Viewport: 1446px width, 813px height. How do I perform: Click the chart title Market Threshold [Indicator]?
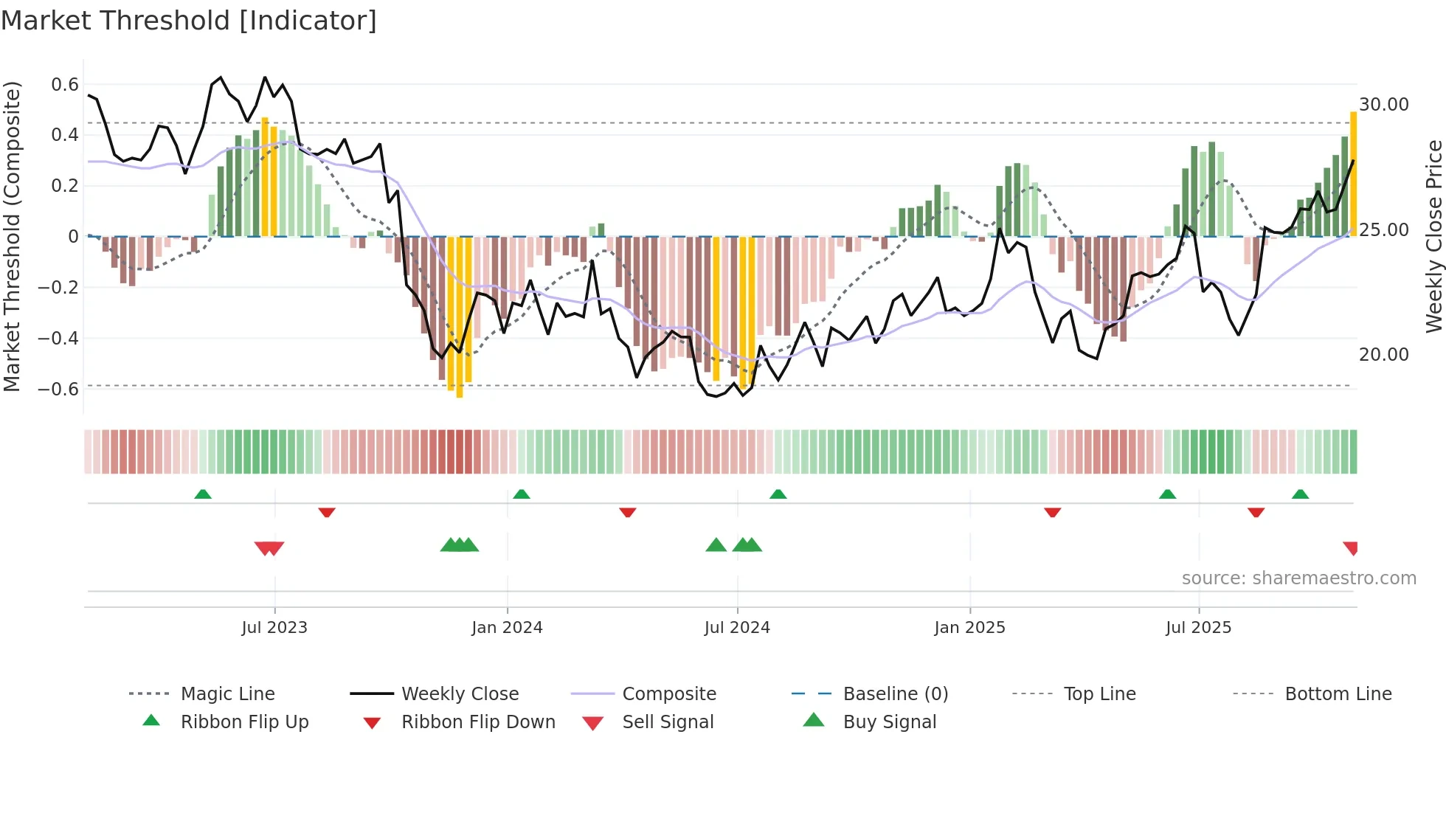pyautogui.click(x=189, y=21)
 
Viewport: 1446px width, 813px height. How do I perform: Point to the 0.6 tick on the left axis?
pyautogui.click(x=65, y=85)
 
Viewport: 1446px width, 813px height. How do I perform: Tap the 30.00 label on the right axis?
pyautogui.click(x=1384, y=105)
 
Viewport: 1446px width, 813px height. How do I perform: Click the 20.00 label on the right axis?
pyautogui.click(x=1384, y=355)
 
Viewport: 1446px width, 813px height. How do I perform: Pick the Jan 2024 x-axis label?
pyautogui.click(x=507, y=628)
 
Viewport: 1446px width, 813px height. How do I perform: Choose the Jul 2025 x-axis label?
pyautogui.click(x=1198, y=628)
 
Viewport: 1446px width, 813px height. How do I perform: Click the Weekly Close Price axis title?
pyautogui.click(x=1433, y=236)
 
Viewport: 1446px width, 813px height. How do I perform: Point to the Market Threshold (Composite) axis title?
pyautogui.click(x=12, y=236)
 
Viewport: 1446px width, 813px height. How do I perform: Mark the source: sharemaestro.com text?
pyautogui.click(x=1298, y=578)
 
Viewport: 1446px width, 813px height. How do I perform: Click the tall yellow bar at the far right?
pyautogui.click(x=1353, y=173)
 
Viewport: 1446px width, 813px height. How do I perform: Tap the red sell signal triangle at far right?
pyautogui.click(x=1351, y=547)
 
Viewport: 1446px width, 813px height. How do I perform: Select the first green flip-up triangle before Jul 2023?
pyautogui.click(x=203, y=494)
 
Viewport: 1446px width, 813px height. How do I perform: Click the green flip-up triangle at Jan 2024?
pyautogui.click(x=522, y=494)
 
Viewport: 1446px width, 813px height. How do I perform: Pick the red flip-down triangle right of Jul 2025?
pyautogui.click(x=1256, y=512)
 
